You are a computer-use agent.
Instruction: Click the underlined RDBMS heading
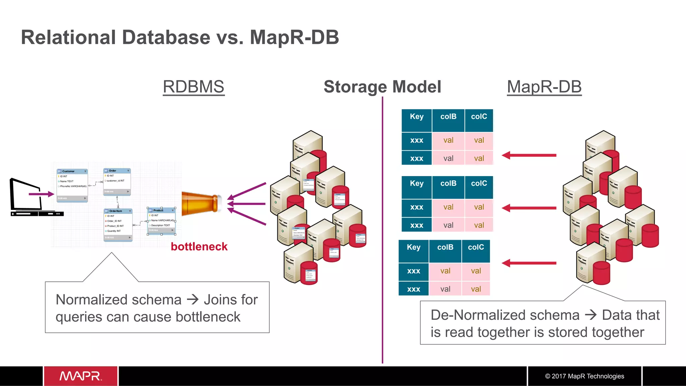point(193,87)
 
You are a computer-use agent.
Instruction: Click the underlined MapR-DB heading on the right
point(544,87)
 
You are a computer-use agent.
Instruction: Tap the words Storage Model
point(382,87)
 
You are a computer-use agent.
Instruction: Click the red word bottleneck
point(199,247)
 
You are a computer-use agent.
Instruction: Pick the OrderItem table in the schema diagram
point(118,224)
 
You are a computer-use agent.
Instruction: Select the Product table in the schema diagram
point(161,221)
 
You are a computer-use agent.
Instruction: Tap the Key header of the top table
point(416,117)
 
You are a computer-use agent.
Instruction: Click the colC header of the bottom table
point(476,247)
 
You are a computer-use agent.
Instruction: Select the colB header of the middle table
point(448,184)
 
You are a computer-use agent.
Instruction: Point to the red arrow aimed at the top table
point(529,155)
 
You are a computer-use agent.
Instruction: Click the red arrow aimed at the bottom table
point(529,263)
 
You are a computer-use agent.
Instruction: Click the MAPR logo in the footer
point(80,376)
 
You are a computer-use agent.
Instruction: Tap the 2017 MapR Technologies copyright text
point(585,376)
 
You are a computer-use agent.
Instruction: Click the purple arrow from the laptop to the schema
point(41,194)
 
